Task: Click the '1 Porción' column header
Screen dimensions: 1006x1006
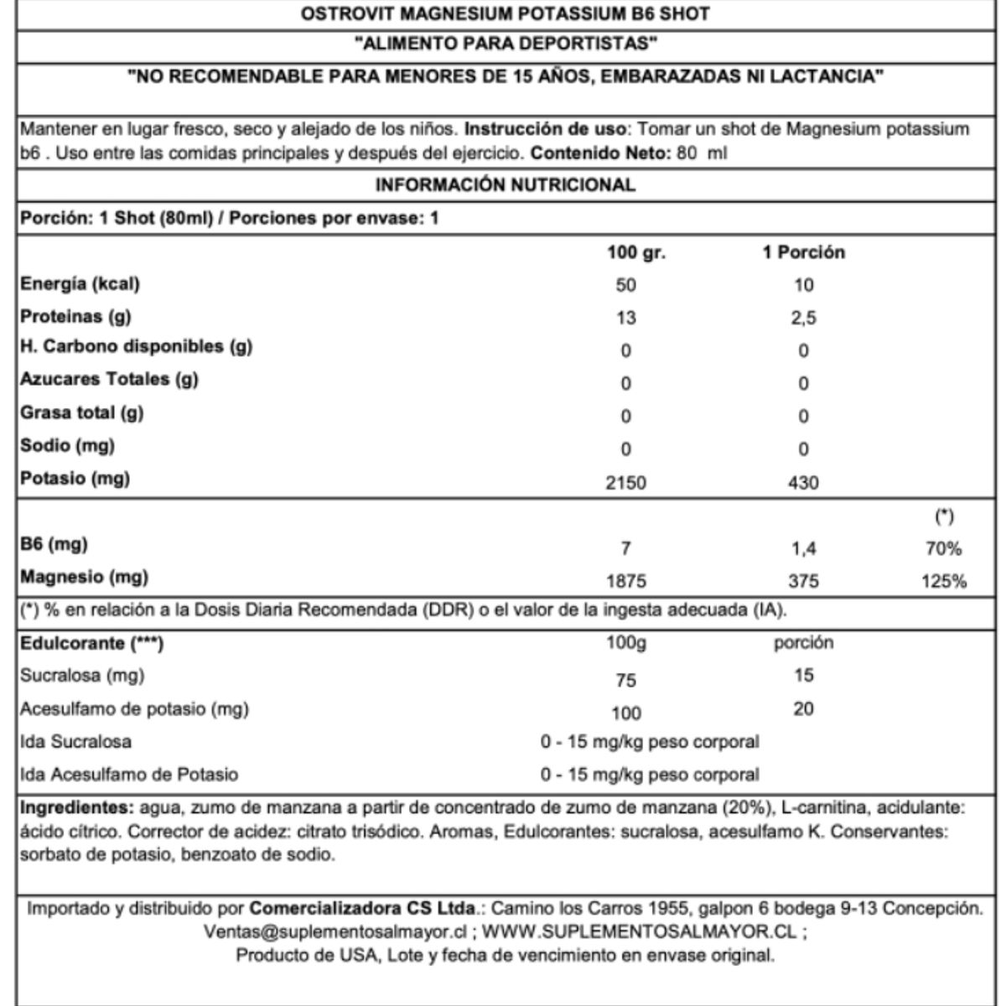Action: coord(803,252)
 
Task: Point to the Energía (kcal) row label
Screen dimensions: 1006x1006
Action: coord(80,284)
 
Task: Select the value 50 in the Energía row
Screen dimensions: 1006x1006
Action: coord(626,285)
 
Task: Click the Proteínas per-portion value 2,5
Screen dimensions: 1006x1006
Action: coord(803,319)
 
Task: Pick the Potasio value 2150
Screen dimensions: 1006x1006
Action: coord(626,483)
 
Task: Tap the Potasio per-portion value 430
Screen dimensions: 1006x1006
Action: coord(803,483)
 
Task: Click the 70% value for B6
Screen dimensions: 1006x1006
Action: coord(944,550)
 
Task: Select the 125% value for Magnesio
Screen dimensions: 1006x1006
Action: coord(944,582)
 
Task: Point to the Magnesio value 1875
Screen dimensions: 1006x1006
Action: coord(626,582)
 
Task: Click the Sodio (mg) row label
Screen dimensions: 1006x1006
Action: coord(67,445)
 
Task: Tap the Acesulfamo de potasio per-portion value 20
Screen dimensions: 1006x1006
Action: coord(803,709)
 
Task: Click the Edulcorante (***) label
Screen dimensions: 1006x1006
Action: coord(91,644)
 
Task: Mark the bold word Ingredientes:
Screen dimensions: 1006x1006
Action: coord(76,808)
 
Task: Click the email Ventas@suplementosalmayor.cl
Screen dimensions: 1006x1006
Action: coord(334,931)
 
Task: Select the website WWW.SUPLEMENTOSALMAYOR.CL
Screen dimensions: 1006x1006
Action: coord(641,931)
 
